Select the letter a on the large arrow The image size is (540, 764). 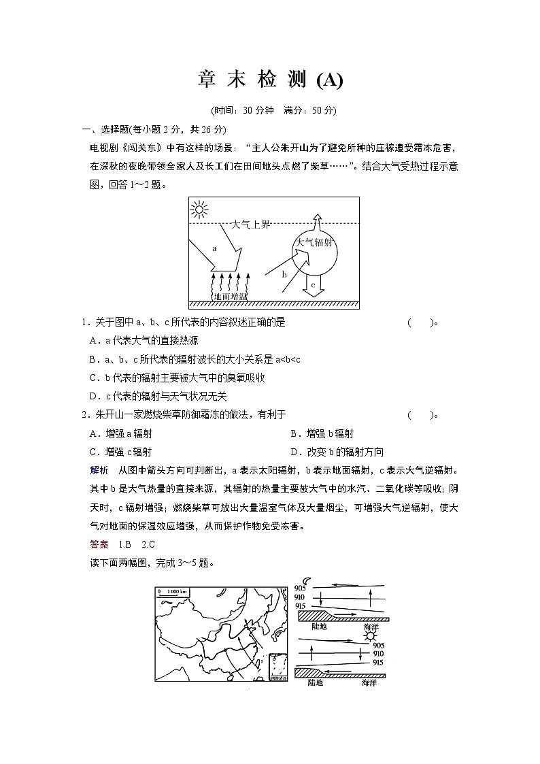coord(214,249)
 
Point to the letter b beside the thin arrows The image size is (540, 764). coord(284,274)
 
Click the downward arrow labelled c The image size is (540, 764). coord(314,284)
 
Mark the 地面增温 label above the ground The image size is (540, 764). coord(230,297)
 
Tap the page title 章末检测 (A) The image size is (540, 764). coord(270,80)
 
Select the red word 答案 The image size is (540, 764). coord(99,544)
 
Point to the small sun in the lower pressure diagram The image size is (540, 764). coord(369,635)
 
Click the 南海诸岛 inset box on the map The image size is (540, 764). coord(277,667)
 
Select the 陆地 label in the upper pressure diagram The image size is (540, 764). coord(318,626)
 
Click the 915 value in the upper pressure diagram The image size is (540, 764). coord(300,605)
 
